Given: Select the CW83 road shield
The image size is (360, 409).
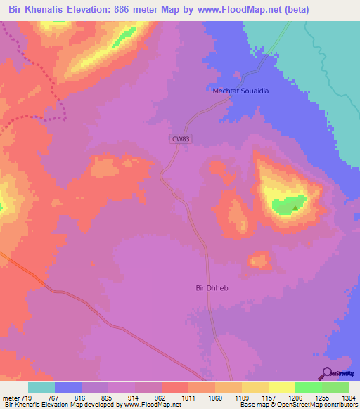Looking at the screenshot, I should [181, 139].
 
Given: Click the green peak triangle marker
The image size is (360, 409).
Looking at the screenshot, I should [295, 207].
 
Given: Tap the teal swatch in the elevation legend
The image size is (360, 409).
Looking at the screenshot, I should [41, 387].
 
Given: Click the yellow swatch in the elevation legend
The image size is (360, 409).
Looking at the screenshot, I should [282, 387].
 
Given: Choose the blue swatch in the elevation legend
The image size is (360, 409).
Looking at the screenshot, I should [68, 387].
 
